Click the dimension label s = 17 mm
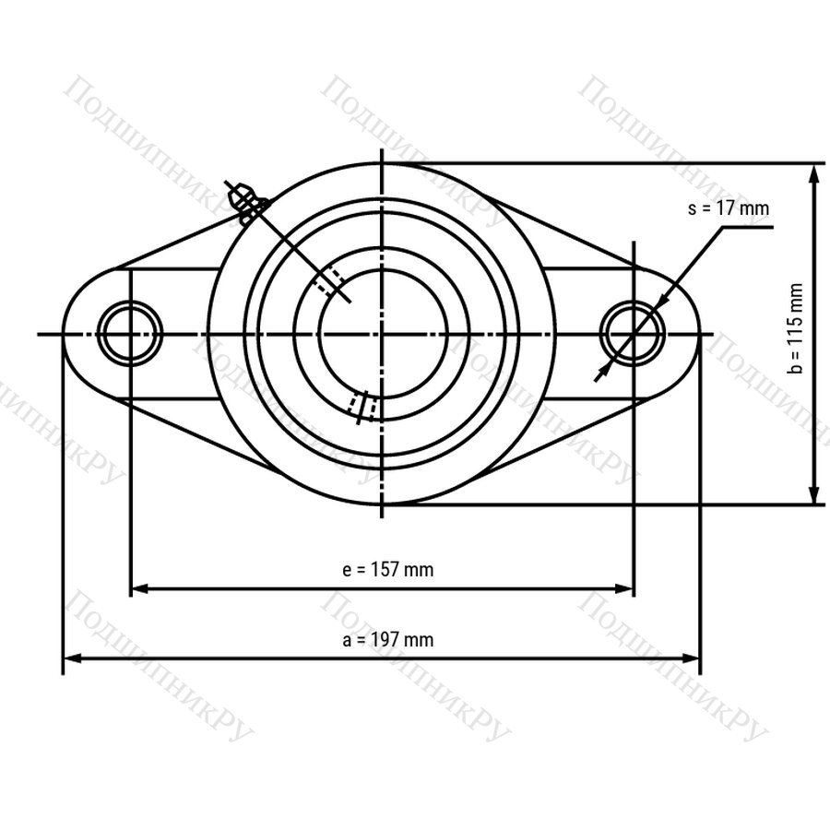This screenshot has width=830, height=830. pyautogui.click(x=728, y=208)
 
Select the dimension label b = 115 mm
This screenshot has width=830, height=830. pyautogui.click(x=795, y=328)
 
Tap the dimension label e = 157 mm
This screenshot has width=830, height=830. pyautogui.click(x=388, y=570)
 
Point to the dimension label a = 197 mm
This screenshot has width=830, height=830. pyautogui.click(x=388, y=639)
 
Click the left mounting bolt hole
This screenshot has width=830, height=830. pyautogui.click(x=130, y=334)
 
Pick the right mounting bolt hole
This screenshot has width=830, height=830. pyautogui.click(x=632, y=334)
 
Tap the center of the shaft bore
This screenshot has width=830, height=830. pyautogui.click(x=382, y=334)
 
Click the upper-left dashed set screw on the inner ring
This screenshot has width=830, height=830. pyautogui.click(x=328, y=280)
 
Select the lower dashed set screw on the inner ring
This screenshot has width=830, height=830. pyautogui.click(x=363, y=407)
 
